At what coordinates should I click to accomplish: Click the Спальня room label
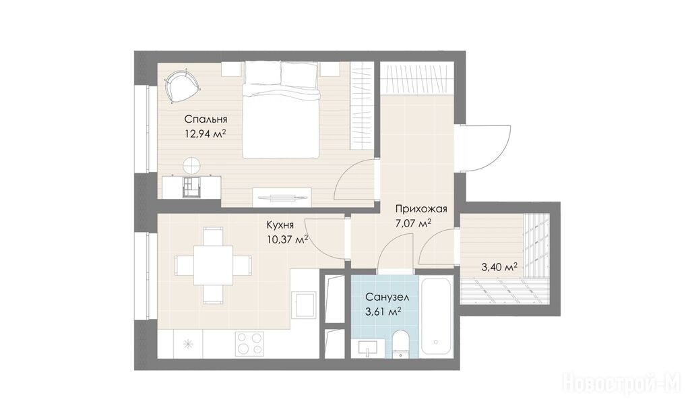pos(206,119)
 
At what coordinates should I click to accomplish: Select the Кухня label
pos(280,225)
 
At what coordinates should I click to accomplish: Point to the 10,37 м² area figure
pos(287,239)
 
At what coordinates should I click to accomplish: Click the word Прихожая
pos(421,209)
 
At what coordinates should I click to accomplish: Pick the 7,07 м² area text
pos(413,223)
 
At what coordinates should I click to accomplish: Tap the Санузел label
pos(387,297)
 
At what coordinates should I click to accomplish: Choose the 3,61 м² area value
pos(383,312)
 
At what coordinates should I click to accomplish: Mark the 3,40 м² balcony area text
pos(499,267)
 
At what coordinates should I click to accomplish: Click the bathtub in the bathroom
pos(437,316)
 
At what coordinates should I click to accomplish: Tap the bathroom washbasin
pos(368,349)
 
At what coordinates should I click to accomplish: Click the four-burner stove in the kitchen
pos(249,343)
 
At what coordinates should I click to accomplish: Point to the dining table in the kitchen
pos(214,265)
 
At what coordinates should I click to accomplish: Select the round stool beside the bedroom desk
pos(192,166)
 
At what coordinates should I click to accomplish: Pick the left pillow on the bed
pos(262,72)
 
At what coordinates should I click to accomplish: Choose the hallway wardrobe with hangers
pos(416,78)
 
